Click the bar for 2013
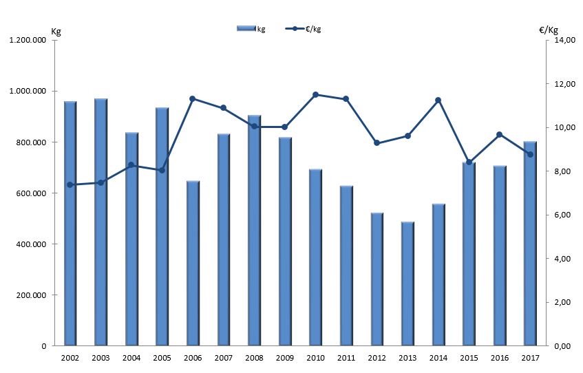(407, 283)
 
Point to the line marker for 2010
(315, 94)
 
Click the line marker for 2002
(70, 184)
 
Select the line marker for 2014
(438, 100)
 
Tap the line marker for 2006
(193, 98)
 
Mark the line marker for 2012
(377, 142)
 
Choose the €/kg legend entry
(306, 28)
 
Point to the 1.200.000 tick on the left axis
(28, 41)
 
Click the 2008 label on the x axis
(254, 358)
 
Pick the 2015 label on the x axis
(469, 358)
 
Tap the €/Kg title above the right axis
(549, 30)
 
